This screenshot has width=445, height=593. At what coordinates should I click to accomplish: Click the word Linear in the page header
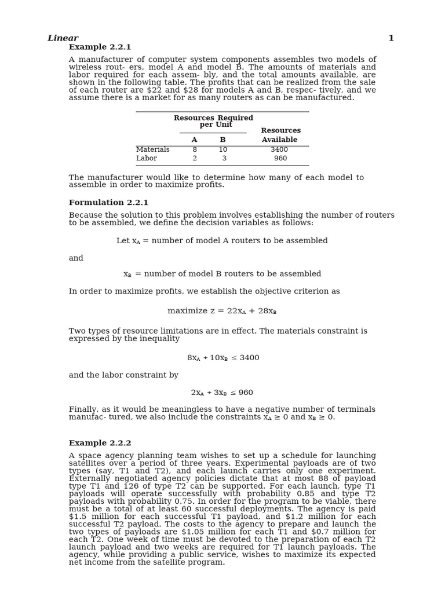coord(63,38)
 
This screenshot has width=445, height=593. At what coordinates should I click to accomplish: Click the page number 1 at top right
coord(391,38)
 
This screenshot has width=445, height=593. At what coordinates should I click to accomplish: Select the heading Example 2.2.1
coord(100,47)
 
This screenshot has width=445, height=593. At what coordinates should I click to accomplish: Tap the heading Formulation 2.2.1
coord(108,203)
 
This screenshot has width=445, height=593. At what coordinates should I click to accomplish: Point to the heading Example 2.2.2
coord(100,443)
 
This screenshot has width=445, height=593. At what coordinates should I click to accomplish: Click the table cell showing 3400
coord(279,150)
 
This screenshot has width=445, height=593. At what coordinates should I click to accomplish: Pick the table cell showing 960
coord(280,159)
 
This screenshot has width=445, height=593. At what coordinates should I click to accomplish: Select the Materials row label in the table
coord(153,150)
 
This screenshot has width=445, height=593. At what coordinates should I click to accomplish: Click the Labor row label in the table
coord(147,159)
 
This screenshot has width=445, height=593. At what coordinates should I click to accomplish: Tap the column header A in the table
coord(194,140)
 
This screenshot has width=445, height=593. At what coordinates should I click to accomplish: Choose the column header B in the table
coord(222,140)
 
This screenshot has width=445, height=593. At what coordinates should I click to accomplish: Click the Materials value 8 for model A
coord(194,150)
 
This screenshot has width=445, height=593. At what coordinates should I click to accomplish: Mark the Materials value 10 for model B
coord(223,150)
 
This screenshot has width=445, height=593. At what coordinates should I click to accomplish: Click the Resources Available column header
coord(280,135)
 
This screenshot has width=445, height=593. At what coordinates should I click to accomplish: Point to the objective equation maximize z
coord(222,311)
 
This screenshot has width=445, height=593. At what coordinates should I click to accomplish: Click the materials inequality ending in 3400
coord(223,358)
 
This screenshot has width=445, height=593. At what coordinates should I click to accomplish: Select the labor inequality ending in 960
coord(222,393)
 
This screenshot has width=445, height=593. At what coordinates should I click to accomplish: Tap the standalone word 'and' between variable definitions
coord(76,258)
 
